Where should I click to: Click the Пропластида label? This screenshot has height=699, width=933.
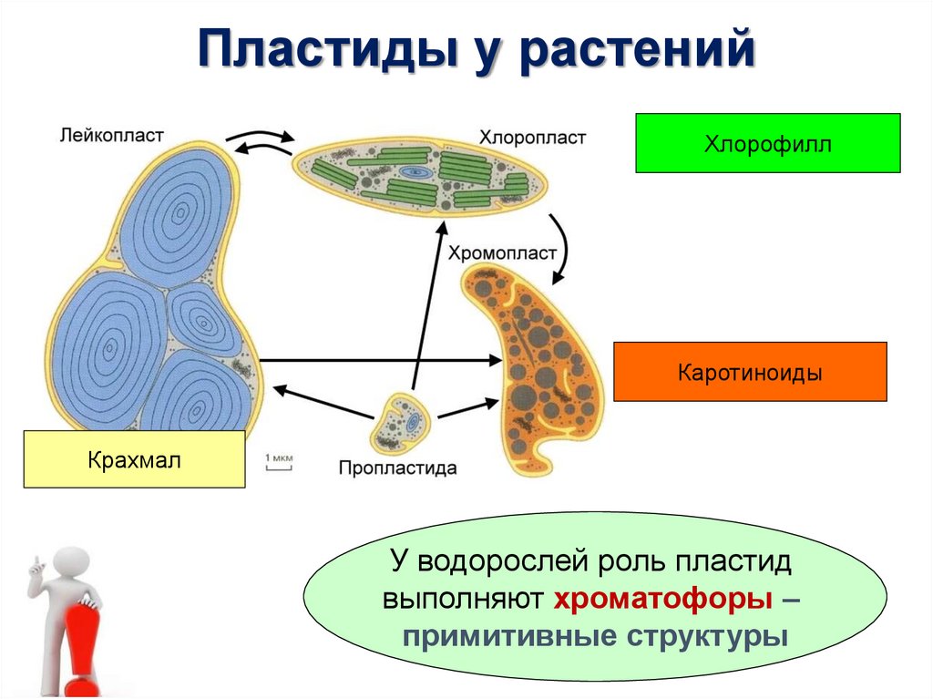pos(397,468)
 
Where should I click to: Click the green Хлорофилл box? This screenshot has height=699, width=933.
pos(767,143)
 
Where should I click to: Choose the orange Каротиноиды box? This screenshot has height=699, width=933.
pos(749,372)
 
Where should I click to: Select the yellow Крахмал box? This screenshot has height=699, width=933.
pos(134,459)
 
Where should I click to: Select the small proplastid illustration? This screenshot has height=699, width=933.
pos(403,421)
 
